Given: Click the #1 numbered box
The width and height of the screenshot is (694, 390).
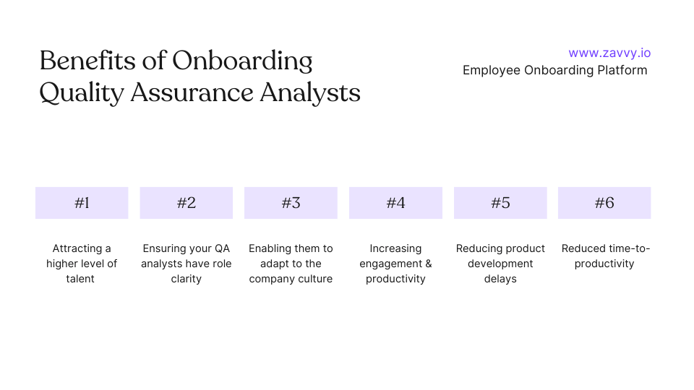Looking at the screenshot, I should point(82,203).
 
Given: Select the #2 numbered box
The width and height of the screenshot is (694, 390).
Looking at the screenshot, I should point(187,203).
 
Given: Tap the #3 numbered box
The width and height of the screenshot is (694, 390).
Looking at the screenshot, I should point(291,203).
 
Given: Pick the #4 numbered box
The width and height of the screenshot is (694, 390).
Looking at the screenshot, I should point(395,203).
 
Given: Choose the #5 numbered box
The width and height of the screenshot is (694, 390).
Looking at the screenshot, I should point(500,203).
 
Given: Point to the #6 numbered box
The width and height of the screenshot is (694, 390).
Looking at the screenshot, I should point(604,203).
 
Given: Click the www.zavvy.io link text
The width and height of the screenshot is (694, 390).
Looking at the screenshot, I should point(609,53).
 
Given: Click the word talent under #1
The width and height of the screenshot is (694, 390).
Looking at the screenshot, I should point(80,279).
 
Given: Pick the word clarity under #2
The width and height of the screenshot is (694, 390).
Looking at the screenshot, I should point(186,279).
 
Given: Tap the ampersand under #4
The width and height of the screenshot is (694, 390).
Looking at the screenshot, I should point(427,264).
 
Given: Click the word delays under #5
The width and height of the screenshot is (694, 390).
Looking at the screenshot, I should point(500,279).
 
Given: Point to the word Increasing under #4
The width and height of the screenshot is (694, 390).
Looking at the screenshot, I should point(395,248).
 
